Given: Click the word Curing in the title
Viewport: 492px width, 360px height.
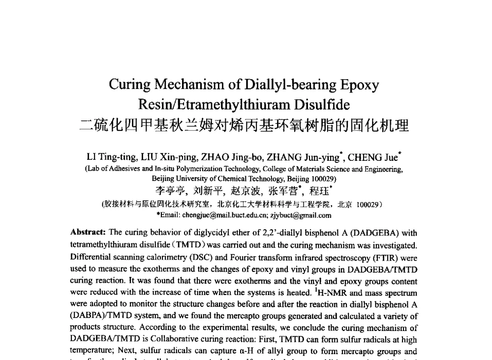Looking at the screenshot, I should click(x=130, y=85).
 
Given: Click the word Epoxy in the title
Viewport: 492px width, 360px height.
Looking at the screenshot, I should click(x=359, y=85).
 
